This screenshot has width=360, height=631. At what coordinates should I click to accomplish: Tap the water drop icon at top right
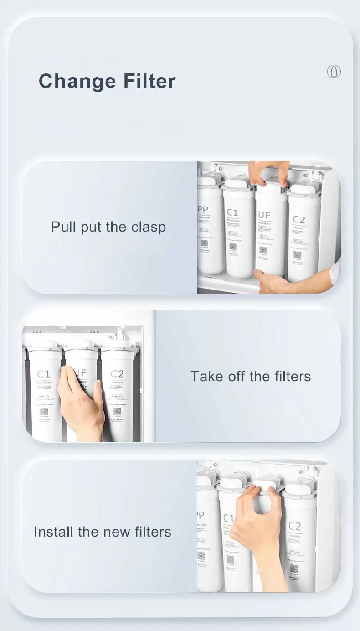click(x=334, y=72)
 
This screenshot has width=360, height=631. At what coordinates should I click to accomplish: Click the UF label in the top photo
click(x=265, y=215)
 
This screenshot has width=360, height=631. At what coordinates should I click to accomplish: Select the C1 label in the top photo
click(x=232, y=212)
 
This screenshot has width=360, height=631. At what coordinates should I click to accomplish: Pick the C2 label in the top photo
click(x=299, y=220)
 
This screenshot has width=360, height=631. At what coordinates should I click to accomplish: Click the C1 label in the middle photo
click(x=44, y=374)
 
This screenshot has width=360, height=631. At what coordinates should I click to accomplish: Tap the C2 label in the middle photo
click(x=117, y=374)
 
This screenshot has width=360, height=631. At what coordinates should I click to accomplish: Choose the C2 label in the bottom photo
click(x=295, y=527)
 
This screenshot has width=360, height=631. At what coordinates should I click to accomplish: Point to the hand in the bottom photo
click(x=257, y=524)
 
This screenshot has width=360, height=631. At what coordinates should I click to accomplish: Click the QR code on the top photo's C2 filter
click(x=298, y=255)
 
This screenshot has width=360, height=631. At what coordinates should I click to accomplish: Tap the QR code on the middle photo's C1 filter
click(x=44, y=412)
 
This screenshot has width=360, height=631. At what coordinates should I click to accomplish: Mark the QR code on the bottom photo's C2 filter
click(x=294, y=568)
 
